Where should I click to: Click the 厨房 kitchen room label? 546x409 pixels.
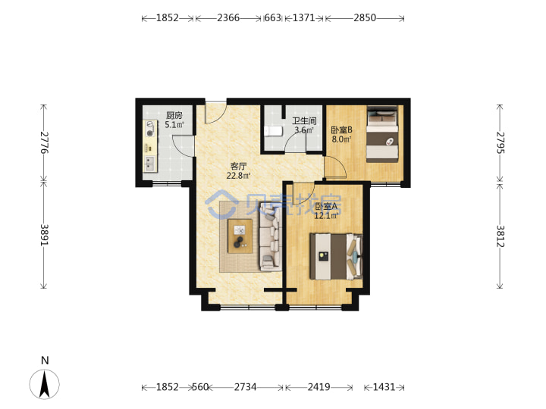(x=174, y=115)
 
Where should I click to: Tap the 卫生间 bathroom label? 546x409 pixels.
(x=304, y=121)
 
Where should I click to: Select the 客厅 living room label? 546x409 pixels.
(x=239, y=166)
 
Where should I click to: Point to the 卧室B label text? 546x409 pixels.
(x=341, y=130)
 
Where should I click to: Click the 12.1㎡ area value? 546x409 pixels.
(x=326, y=216)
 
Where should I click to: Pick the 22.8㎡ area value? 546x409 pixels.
(x=239, y=176)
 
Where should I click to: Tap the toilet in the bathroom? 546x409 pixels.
(x=273, y=132)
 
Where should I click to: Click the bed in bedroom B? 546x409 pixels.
(x=382, y=134)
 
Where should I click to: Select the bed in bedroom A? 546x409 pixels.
(x=337, y=257)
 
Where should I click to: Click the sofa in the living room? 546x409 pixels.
(x=270, y=239)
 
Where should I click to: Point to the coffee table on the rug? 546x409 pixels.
(x=240, y=236)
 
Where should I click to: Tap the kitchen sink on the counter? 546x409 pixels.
(x=149, y=164)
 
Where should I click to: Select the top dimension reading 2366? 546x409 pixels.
(x=228, y=17)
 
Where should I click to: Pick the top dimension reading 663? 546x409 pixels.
(x=273, y=17)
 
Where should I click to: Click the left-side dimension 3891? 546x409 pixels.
(x=44, y=235)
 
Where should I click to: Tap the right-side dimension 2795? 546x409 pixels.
(x=500, y=142)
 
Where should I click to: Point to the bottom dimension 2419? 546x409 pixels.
(x=318, y=387)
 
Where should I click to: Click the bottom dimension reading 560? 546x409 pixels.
(x=200, y=387)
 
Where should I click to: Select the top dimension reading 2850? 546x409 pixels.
(x=365, y=17)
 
